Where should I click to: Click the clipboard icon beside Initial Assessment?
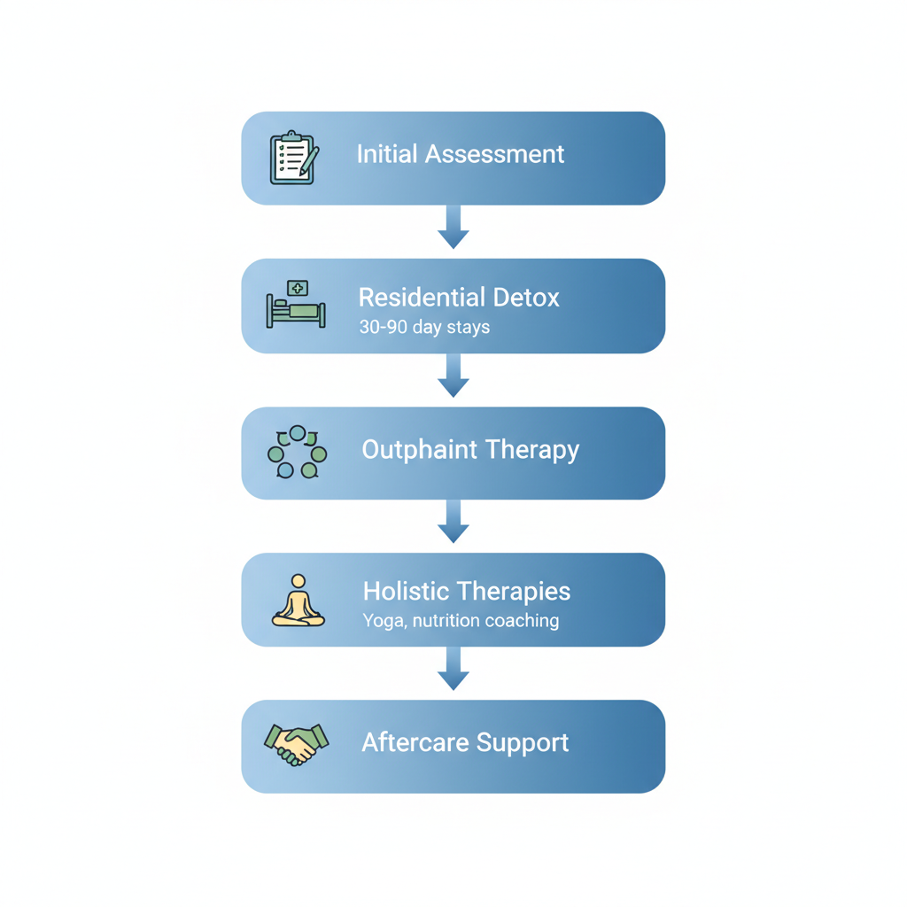click(293, 158)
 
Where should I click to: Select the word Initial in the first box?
click(387, 154)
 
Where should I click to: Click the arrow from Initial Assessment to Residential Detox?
click(453, 227)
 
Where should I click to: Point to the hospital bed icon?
click(296, 306)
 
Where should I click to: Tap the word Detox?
click(528, 297)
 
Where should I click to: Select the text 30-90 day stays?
click(423, 327)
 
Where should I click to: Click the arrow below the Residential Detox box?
click(453, 376)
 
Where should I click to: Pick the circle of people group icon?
click(297, 453)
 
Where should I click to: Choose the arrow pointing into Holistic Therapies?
click(453, 521)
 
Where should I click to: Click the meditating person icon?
click(298, 601)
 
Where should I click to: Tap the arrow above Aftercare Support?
click(453, 669)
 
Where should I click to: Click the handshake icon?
click(297, 743)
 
